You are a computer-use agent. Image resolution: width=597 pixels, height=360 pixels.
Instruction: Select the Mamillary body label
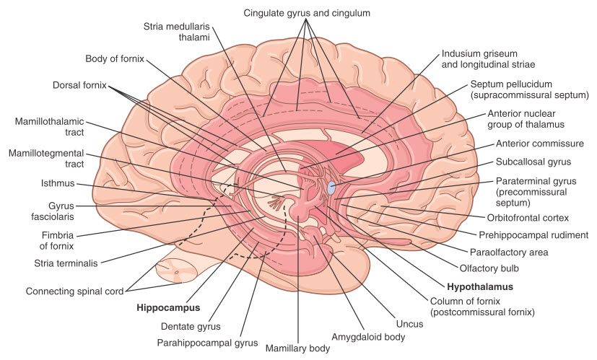[x=298, y=348]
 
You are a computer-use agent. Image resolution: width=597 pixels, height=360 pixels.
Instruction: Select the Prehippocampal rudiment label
[x=533, y=234]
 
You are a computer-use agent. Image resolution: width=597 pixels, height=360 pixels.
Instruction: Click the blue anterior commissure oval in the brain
[x=331, y=188]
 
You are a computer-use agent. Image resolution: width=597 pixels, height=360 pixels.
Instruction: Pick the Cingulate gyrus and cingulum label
[x=307, y=13]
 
